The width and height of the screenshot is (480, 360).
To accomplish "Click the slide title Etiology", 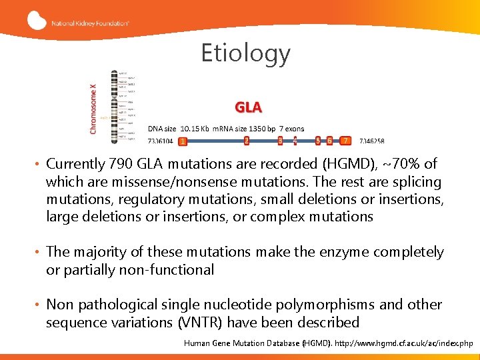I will tap(246, 53).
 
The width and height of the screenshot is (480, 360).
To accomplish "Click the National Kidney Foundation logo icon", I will tap(37, 21).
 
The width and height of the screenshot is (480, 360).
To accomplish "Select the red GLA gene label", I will tap(248, 107).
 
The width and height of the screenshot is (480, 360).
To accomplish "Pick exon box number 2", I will tap(247, 141).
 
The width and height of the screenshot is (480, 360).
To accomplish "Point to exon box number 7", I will tap(345, 141).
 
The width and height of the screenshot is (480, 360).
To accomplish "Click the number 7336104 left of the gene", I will tap(161, 141).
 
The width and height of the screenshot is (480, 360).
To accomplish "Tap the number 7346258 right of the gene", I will tap(371, 141).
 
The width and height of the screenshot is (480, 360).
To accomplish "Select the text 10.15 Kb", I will tap(195, 128).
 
